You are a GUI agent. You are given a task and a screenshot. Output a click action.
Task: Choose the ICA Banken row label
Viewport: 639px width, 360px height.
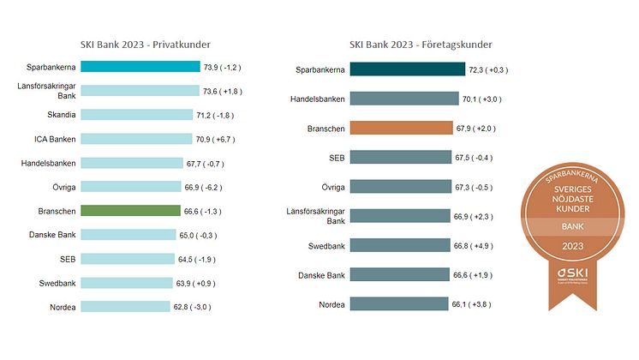coord(54,138)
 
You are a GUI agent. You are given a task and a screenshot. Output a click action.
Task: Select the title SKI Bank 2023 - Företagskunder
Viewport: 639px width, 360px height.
coord(421,45)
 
